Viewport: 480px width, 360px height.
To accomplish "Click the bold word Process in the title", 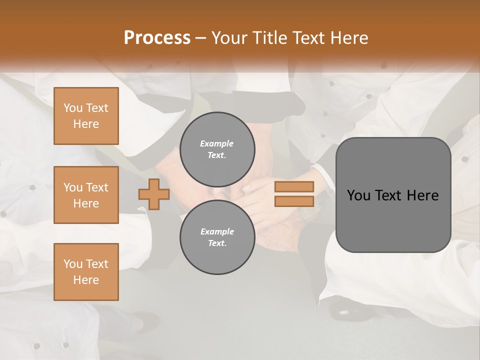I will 157,37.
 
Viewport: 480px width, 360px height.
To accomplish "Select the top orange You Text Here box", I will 86,116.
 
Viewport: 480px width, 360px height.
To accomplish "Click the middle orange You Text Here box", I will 86,195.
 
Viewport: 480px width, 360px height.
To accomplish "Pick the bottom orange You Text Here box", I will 86,272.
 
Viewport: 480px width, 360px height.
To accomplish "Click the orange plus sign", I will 154,194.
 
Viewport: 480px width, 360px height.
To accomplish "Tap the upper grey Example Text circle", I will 217,149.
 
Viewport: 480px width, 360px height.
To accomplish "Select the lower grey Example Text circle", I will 217,237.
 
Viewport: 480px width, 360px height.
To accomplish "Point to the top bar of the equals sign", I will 294,187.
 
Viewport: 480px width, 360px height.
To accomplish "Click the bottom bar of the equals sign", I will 294,201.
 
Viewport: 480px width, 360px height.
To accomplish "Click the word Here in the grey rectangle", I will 422,195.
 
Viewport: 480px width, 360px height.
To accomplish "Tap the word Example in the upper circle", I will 217,143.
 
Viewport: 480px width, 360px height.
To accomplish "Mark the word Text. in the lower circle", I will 217,243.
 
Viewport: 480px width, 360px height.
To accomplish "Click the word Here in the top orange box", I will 86,124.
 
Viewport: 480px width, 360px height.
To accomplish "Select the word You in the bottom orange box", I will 73,263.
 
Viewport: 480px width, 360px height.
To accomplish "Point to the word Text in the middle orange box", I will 96,187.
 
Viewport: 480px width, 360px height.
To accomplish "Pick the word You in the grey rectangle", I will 358,195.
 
